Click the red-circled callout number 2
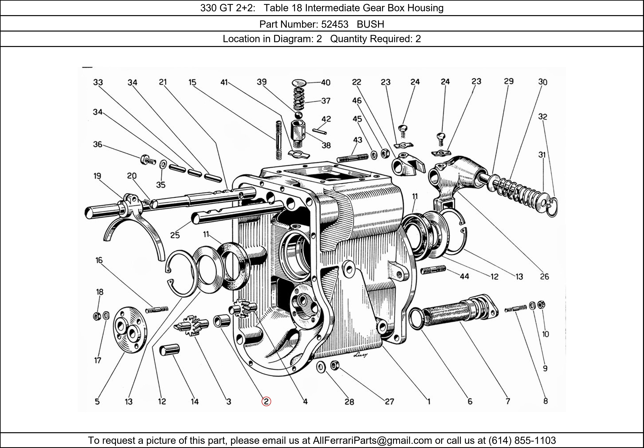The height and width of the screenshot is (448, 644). [266, 401]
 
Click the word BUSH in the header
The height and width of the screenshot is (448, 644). [370, 24]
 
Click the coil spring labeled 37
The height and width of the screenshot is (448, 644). [299, 99]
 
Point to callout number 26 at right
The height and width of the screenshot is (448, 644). [544, 277]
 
